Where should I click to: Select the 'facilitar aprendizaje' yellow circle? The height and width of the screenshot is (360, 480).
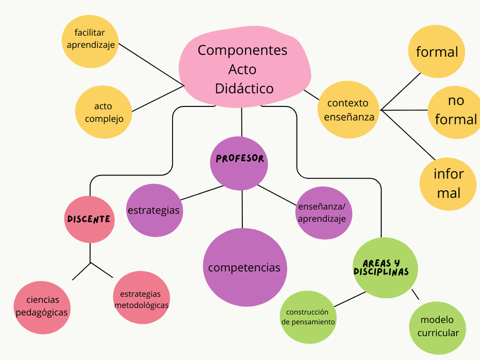(x=91, y=39)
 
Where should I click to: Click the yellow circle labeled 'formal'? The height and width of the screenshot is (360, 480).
(x=436, y=52)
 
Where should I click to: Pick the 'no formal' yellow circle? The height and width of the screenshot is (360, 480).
(x=455, y=110)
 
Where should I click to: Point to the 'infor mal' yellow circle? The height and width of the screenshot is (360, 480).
(x=448, y=183)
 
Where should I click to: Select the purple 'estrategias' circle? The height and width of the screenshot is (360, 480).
(x=153, y=210)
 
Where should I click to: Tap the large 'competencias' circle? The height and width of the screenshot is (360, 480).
(x=244, y=267)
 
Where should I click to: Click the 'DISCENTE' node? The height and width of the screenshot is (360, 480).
(x=89, y=219)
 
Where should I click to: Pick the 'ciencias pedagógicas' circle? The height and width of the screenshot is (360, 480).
(x=42, y=306)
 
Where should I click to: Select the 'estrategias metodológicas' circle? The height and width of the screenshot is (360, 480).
(x=142, y=299)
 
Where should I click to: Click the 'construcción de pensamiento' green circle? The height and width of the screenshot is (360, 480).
(x=308, y=317)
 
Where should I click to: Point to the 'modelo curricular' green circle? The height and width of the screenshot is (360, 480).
(x=438, y=326)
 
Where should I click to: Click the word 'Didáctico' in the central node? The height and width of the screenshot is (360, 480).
(x=244, y=88)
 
